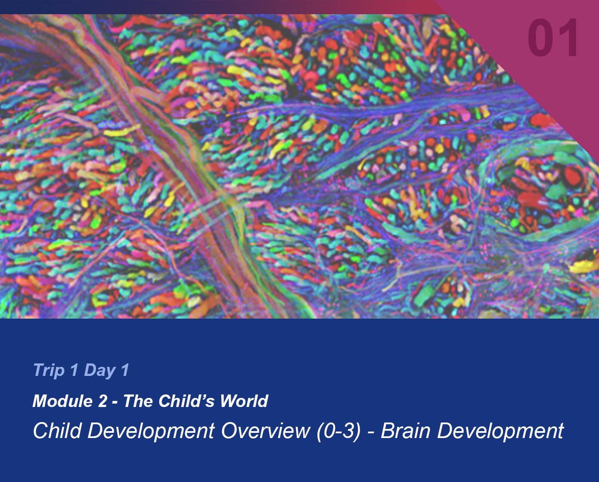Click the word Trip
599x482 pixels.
coord(49,370)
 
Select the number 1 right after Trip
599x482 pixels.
coord(74,369)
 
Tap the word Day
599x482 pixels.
coord(100,371)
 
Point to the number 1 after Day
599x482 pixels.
coord(125,369)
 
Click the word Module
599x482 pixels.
coord(62,401)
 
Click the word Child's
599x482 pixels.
coord(186,401)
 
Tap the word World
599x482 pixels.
coord(244,401)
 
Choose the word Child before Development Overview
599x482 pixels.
coord(57,431)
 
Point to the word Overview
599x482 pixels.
coord(266,431)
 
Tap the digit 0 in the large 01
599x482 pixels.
coord(540,38)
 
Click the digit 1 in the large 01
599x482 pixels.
coord(569,38)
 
